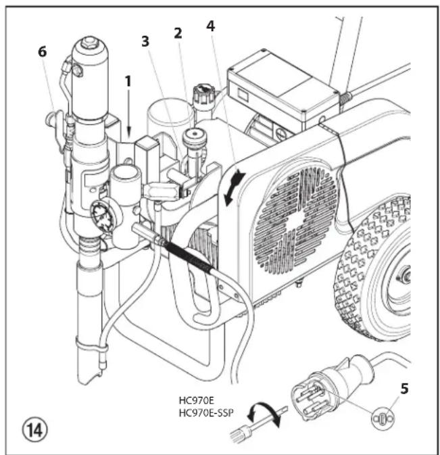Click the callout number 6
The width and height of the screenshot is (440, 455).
43,53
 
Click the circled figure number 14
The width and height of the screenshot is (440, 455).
25,429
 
